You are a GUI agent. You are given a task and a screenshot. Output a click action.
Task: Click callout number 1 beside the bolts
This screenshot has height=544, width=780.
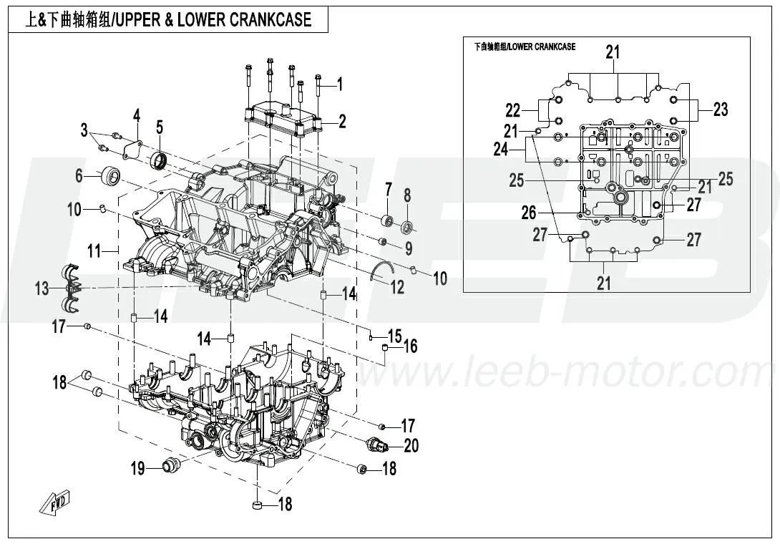tap(340, 85)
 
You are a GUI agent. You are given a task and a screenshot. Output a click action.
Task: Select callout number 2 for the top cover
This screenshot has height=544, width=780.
tap(342, 122)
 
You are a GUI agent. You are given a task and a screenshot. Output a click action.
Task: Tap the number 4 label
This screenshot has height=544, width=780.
tap(136, 115)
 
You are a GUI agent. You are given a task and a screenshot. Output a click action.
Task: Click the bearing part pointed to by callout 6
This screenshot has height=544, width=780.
tap(112, 175)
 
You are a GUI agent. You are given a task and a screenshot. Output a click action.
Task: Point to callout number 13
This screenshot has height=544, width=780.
tap(42, 288)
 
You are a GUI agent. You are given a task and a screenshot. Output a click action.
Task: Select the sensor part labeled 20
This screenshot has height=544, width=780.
tap(378, 445)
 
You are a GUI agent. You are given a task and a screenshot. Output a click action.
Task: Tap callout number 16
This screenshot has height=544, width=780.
tap(410, 346)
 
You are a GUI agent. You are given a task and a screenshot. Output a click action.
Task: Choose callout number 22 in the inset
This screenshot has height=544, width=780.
tap(513, 111)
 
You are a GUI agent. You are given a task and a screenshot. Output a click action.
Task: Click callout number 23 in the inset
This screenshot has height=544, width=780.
tap(720, 110)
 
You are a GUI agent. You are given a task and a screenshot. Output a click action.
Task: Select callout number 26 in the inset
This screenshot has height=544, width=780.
tap(528, 212)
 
